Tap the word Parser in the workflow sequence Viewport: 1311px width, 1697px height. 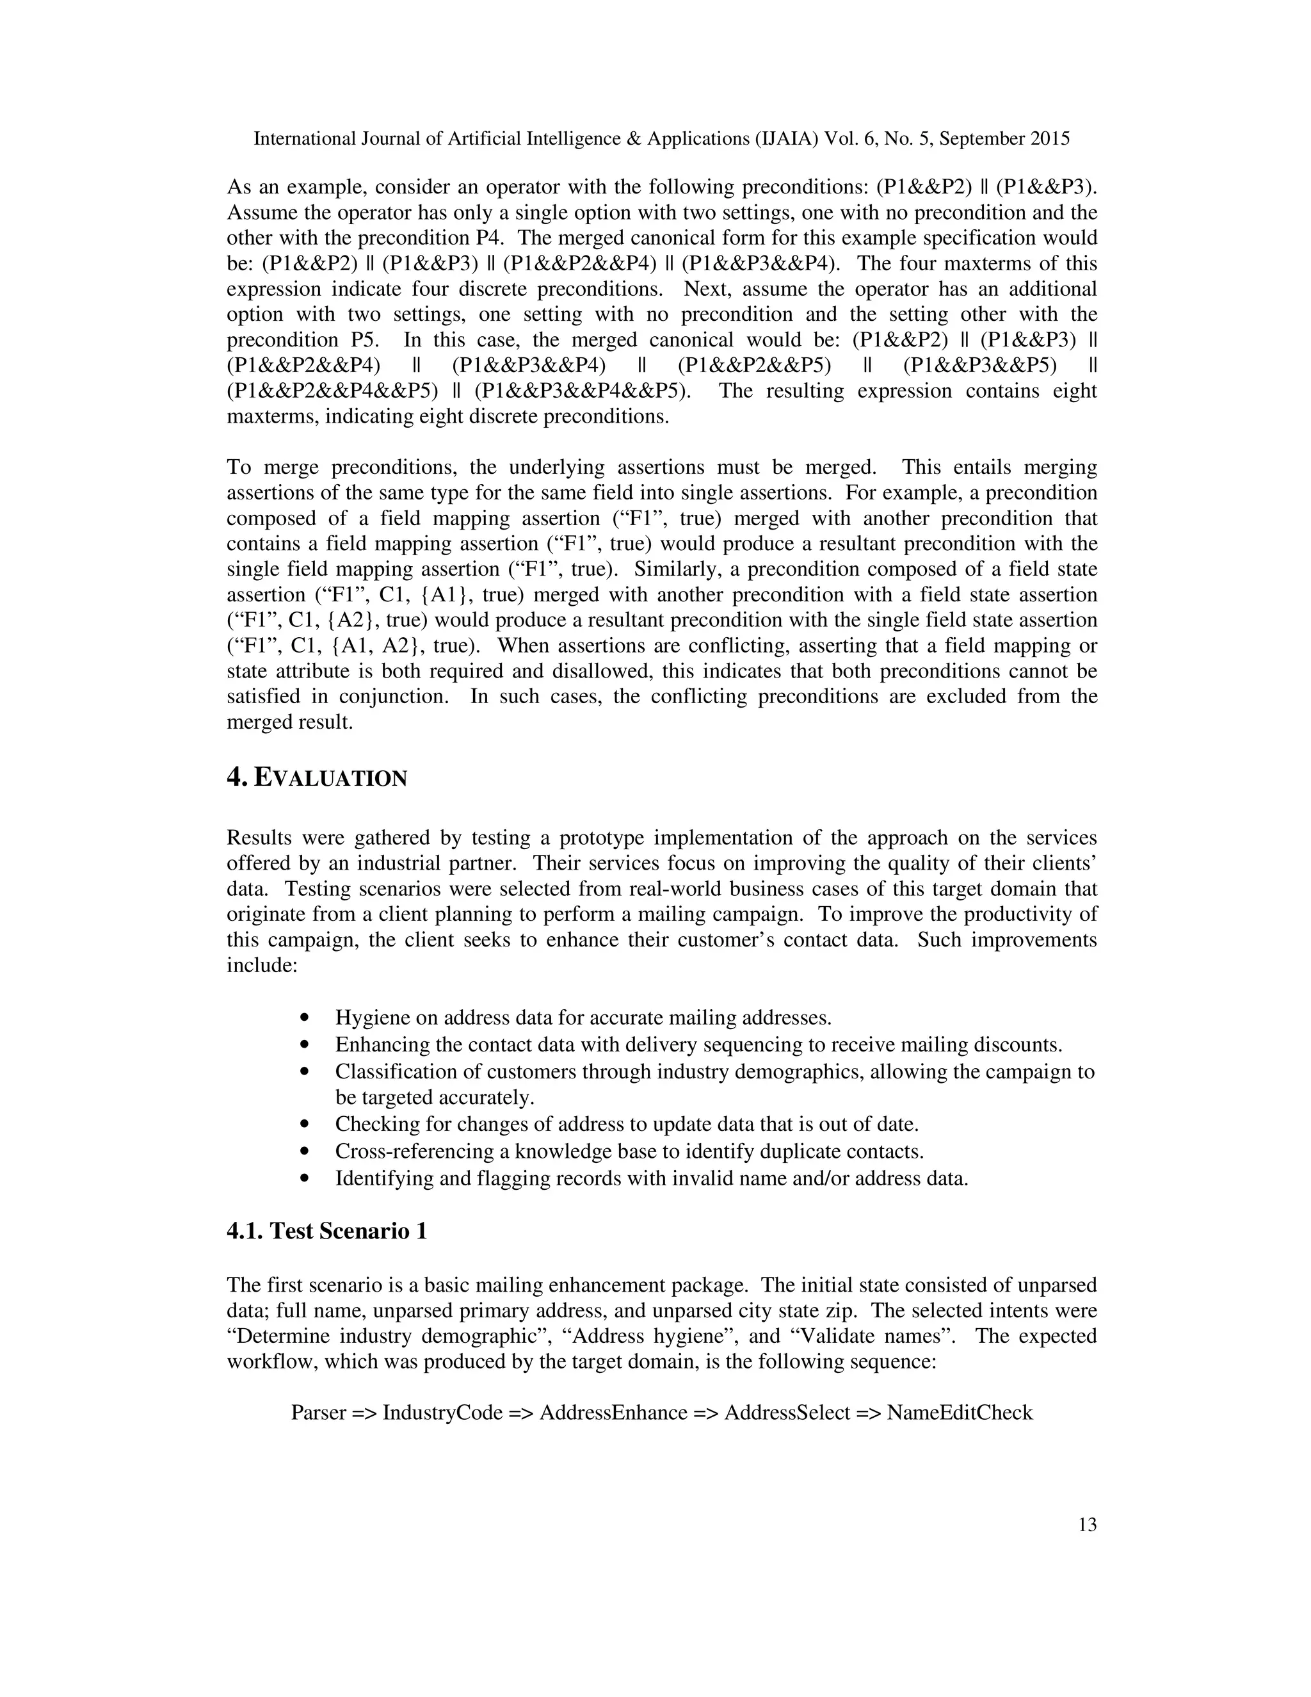pos(318,1413)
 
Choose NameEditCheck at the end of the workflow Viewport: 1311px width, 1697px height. pos(960,1413)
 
